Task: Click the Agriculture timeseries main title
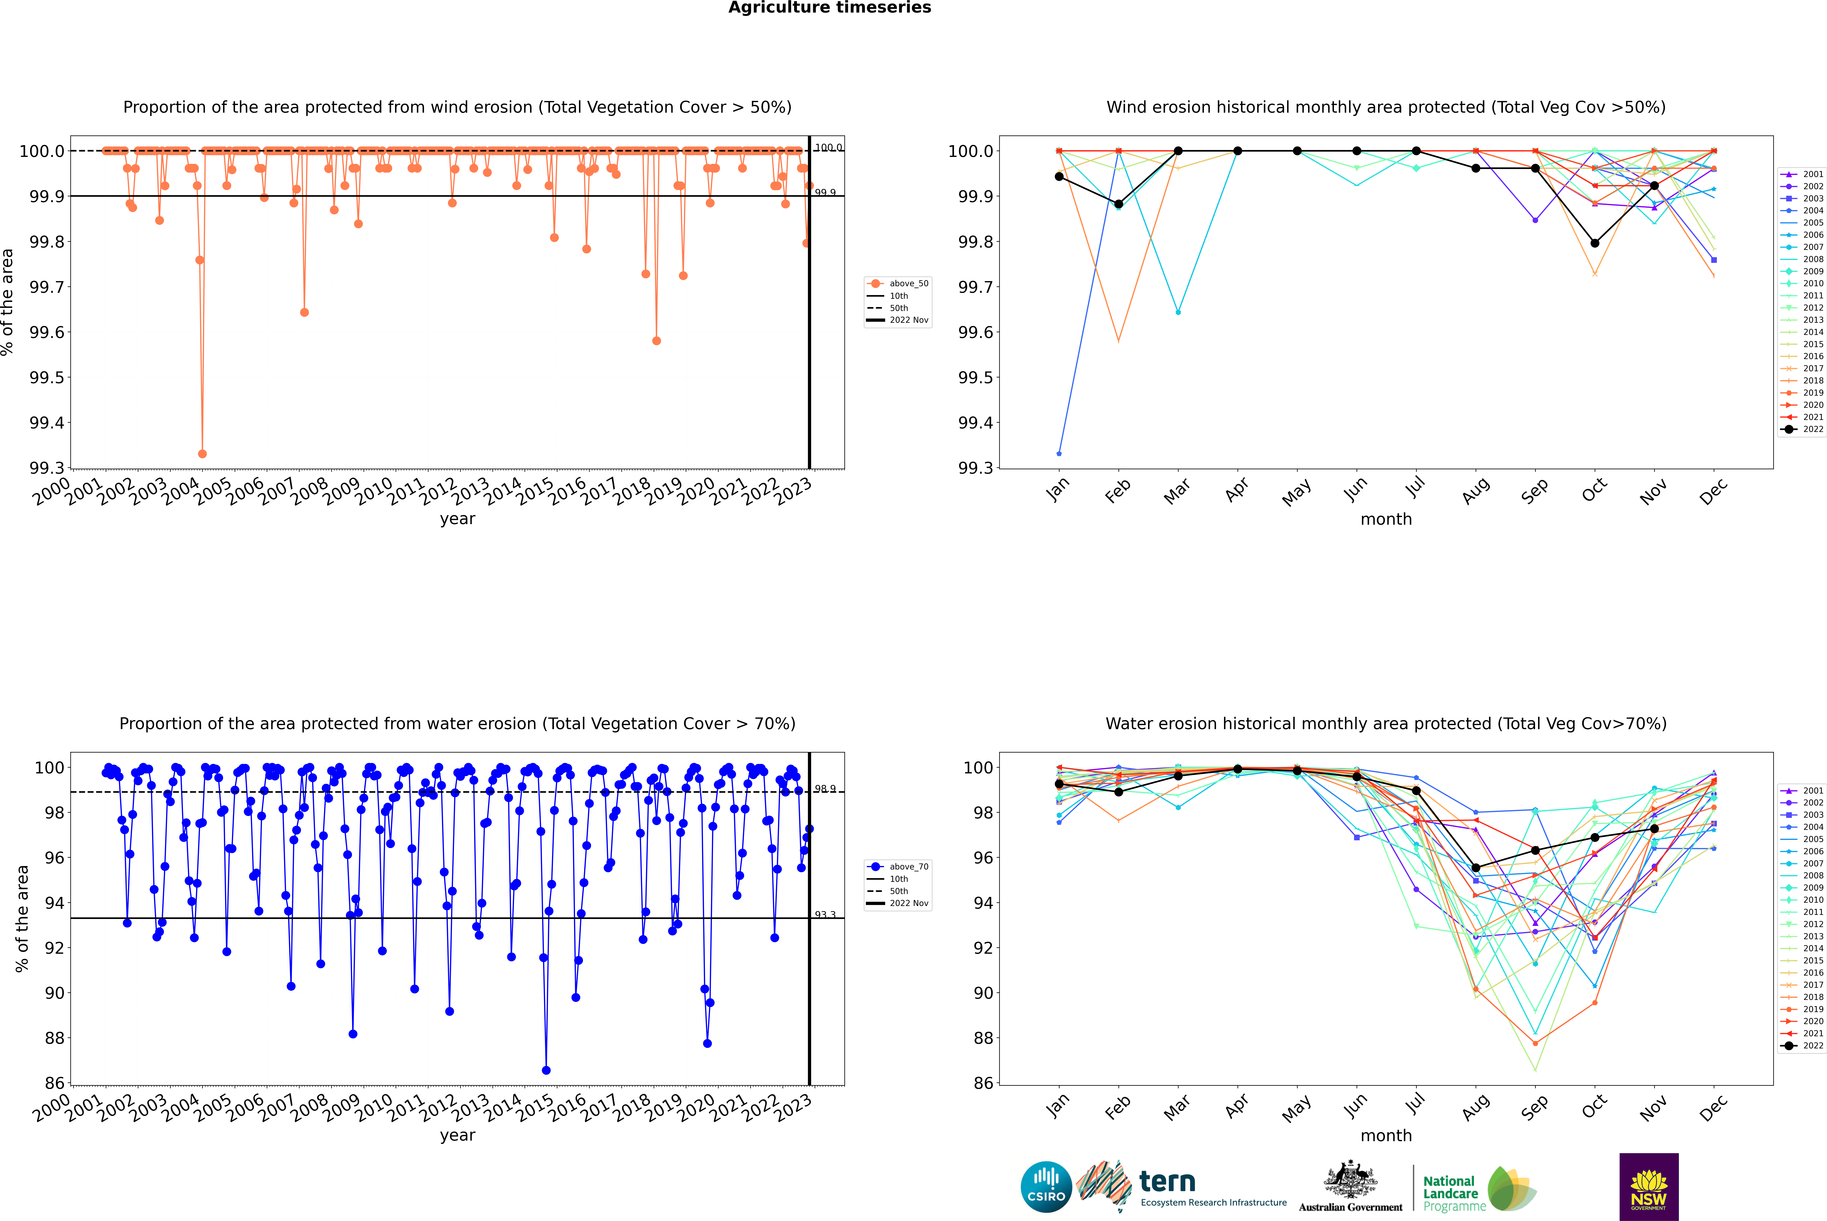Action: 829,8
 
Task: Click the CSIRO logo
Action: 1046,1187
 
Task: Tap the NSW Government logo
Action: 1649,1187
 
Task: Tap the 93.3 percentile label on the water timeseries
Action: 825,915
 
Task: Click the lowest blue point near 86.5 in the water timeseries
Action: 546,1070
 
